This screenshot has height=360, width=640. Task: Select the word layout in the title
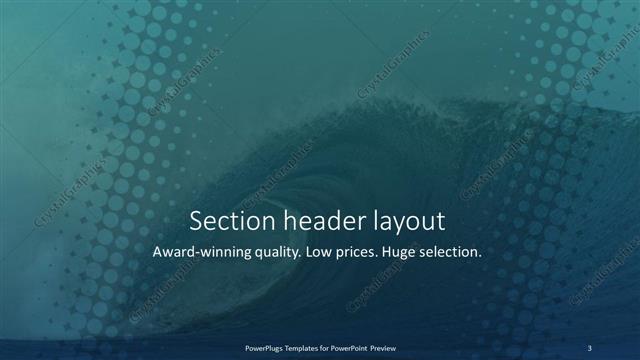404,221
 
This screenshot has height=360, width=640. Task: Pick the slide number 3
589,347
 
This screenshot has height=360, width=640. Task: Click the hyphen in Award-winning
197,253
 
